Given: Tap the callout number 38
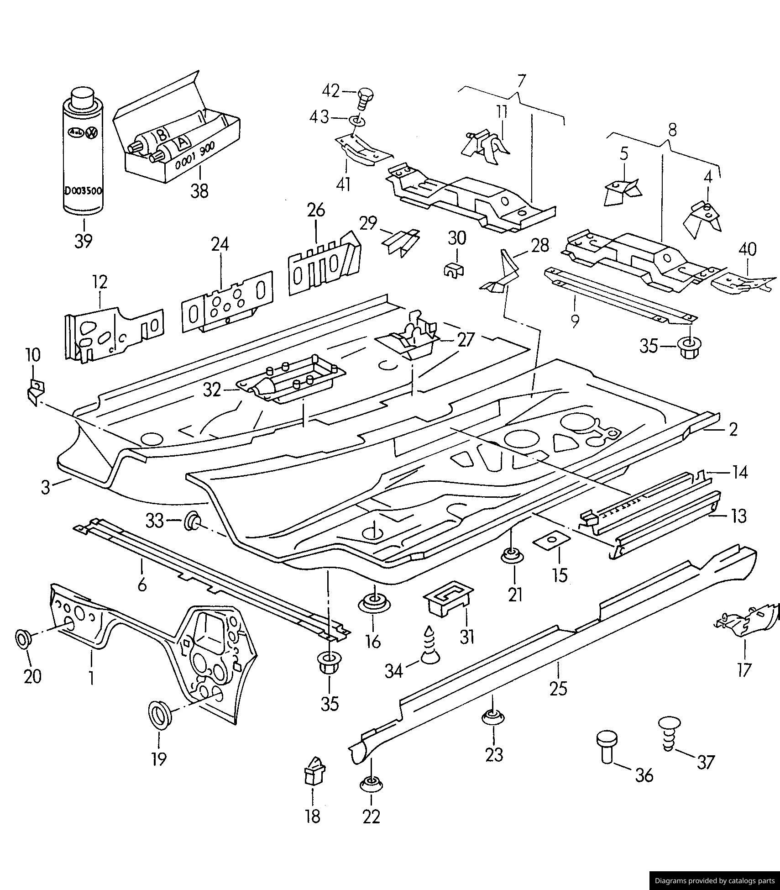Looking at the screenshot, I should pyautogui.click(x=199, y=190).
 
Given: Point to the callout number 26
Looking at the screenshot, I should pyautogui.click(x=316, y=210).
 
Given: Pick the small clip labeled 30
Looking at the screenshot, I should pyautogui.click(x=454, y=270).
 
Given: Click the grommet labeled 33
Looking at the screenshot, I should pyautogui.click(x=193, y=521).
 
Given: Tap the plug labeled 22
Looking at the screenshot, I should pyautogui.click(x=371, y=784).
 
